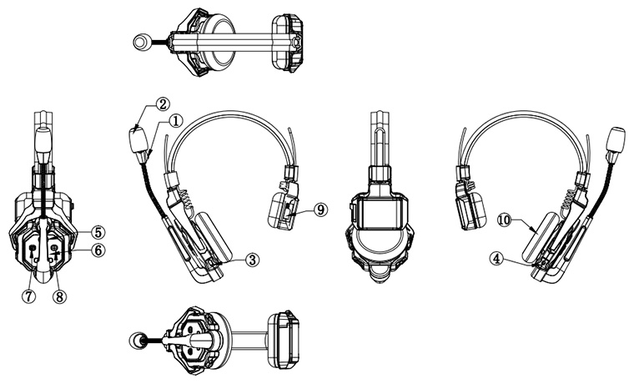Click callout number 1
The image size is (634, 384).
(176, 120)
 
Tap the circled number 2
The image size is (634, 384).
(160, 104)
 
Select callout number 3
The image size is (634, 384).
(253, 260)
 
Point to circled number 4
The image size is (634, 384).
(497, 260)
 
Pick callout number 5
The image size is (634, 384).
(98, 230)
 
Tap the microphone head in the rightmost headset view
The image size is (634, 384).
(619, 139)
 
